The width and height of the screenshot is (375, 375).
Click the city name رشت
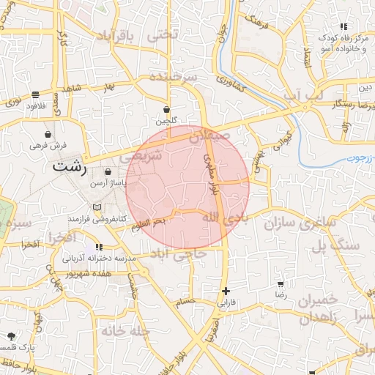point(70,168)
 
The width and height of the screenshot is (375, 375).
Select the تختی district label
point(163,35)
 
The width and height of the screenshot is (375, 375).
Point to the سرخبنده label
point(174,76)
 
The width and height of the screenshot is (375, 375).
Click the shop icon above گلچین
point(168,109)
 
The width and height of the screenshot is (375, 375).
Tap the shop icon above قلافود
point(36,94)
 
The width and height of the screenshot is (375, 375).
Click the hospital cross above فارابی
point(226,291)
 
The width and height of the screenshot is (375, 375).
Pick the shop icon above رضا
point(281,283)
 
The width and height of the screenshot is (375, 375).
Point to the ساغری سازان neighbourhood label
point(300,220)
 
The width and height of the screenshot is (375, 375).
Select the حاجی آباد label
point(179,253)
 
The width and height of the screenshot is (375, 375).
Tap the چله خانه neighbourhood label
point(125,331)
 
